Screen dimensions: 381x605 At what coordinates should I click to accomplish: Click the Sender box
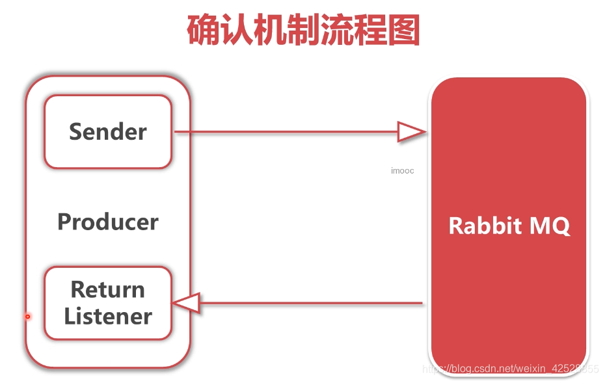pos(107,131)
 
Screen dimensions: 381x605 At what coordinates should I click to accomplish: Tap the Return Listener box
pos(107,303)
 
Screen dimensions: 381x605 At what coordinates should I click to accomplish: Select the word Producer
pos(107,222)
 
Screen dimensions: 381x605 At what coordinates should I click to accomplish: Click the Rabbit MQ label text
pos(509,226)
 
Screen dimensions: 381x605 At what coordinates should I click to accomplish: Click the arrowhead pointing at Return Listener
pos(185,303)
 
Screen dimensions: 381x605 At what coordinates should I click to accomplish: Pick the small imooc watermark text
pos(402,171)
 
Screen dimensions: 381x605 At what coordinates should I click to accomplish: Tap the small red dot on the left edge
pos(27,317)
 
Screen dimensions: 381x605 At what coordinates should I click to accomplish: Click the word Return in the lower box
pos(107,289)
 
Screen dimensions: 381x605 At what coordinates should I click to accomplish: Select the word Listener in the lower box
pos(107,317)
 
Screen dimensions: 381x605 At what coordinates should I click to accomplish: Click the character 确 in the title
pos(204,30)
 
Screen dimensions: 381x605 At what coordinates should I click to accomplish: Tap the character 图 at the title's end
pos(403,30)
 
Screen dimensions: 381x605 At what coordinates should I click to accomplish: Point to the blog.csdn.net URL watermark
pos(517,369)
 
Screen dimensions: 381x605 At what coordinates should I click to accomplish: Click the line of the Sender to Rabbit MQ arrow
pos(286,133)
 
